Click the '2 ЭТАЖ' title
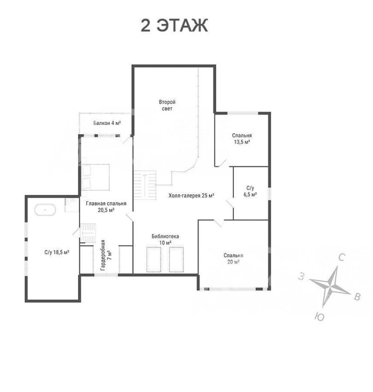tap(174, 25)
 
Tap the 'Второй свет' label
tap(167, 105)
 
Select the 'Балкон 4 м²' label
tap(107, 123)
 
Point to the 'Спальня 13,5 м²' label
tap(242, 139)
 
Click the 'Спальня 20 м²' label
tap(233, 259)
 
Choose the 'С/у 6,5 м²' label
tap(250, 191)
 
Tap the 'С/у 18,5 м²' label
tap(57, 252)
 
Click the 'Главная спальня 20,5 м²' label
tap(106, 207)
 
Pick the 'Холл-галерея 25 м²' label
tap(191, 196)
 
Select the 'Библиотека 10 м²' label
tap(165, 239)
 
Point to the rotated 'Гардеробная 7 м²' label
tap(106, 255)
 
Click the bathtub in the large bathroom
tap(45, 209)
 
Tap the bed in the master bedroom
tap(95, 177)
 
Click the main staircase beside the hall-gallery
tap(144, 185)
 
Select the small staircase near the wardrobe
tap(88, 233)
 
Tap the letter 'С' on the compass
tap(342, 257)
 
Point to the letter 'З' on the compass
tap(302, 277)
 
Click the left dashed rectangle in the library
tap(154, 259)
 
